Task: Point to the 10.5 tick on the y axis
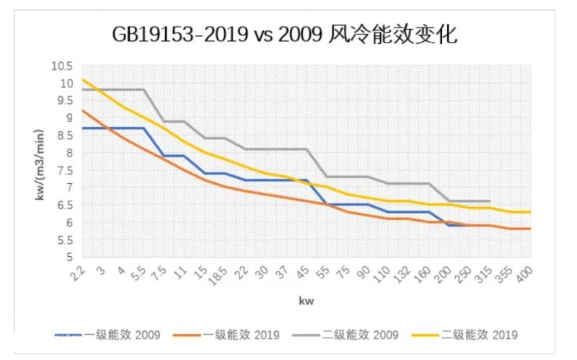[x=63, y=66]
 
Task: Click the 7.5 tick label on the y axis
[x=66, y=170]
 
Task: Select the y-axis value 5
[x=69, y=257]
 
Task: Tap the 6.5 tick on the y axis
[x=66, y=205]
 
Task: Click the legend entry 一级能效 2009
[x=120, y=335]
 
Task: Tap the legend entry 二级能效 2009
[x=358, y=335]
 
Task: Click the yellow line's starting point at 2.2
[x=83, y=79]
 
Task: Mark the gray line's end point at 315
[x=490, y=201]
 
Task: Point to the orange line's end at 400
[x=531, y=229]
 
